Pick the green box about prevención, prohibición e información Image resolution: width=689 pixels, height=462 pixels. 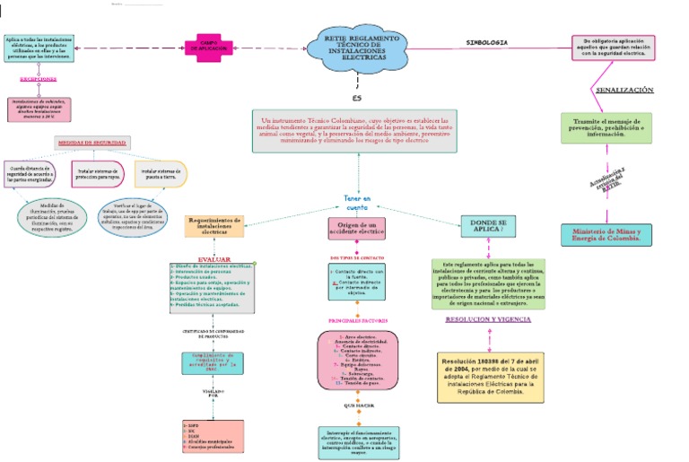pos(605,129)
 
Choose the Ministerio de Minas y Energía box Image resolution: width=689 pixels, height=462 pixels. pos(606,235)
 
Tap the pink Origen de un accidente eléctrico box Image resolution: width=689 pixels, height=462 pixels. pos(356,228)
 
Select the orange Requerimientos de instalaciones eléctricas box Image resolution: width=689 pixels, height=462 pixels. pos(214,225)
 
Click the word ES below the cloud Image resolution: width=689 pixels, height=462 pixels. pos(356,97)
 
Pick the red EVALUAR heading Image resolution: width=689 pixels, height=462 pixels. pos(214,259)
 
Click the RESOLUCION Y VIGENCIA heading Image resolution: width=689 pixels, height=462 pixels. pos(488,319)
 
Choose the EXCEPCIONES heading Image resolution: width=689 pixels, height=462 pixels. pos(39,79)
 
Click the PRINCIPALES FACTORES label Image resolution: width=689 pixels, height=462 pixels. pos(357,319)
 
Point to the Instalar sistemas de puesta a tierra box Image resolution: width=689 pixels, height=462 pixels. pos(161,173)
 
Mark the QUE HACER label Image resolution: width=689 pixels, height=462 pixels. pos(357,405)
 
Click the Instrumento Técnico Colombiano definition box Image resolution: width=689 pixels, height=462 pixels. pos(357,130)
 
